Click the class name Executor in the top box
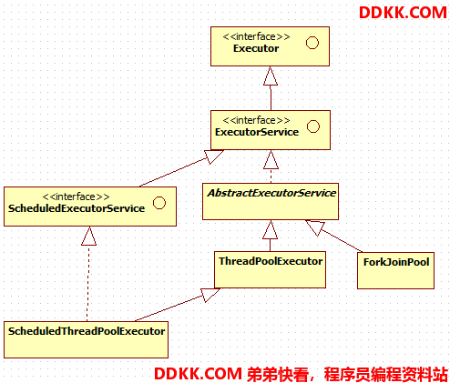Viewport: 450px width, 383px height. point(256,48)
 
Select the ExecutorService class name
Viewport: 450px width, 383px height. point(257,132)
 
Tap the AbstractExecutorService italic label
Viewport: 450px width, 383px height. point(271,193)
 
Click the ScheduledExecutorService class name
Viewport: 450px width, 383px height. point(77,208)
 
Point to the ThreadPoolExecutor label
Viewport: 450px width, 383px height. point(271,261)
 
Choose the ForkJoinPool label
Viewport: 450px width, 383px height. point(396,262)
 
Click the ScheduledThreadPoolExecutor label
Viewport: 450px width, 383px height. point(87,331)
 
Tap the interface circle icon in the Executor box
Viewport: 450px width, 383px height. point(312,43)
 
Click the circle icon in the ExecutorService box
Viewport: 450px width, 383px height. point(313,126)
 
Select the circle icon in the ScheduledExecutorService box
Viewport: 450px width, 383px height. point(159,203)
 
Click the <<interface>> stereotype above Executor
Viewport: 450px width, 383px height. point(256,36)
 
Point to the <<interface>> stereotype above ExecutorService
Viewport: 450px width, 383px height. point(256,120)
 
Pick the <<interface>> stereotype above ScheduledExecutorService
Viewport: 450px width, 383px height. point(76,197)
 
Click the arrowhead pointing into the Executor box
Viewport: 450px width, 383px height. point(271,76)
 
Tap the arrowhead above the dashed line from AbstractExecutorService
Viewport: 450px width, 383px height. point(271,159)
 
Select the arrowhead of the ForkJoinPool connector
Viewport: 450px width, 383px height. point(315,227)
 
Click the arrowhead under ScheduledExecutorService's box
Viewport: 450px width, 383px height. point(88,236)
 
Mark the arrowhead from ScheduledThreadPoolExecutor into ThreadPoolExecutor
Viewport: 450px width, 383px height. point(210,295)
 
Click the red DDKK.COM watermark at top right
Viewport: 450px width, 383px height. point(403,13)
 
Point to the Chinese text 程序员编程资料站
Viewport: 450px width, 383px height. point(385,374)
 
